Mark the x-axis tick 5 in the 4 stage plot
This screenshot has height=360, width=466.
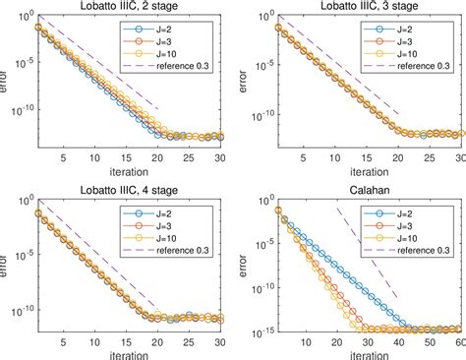63,340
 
